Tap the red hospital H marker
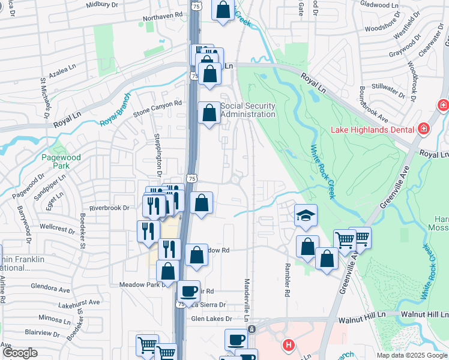tap(289, 345)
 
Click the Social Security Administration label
tap(248, 110)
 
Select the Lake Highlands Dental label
tap(373, 130)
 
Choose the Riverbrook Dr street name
tap(109, 208)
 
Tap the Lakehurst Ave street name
tap(79, 304)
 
